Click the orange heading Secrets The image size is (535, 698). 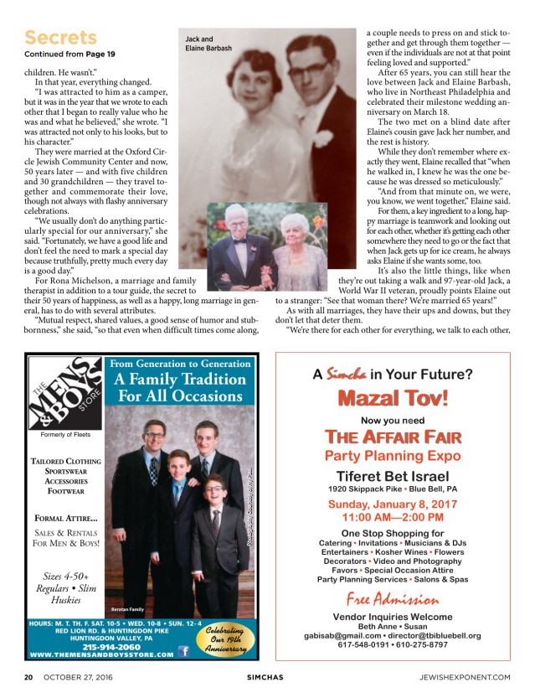click(61, 38)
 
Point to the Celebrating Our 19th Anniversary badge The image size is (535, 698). click(224, 641)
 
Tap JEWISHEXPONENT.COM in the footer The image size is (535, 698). click(470, 676)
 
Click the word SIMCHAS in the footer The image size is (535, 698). click(265, 676)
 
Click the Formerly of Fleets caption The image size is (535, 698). click(65, 435)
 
